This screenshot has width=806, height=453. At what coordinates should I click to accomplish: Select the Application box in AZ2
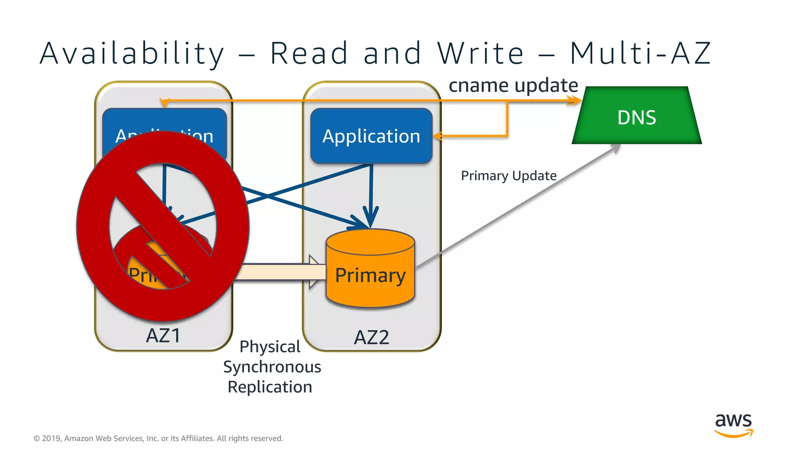371,136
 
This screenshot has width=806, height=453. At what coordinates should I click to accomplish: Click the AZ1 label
163,335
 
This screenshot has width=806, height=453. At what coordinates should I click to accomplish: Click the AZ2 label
372,337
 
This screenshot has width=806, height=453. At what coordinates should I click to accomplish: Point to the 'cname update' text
513,85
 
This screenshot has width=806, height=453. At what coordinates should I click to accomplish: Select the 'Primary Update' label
508,175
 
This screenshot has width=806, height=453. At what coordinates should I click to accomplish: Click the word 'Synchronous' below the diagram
272,366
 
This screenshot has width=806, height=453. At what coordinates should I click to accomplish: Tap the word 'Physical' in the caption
270,346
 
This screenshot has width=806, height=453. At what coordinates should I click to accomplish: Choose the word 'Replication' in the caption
270,387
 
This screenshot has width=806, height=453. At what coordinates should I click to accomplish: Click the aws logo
733,425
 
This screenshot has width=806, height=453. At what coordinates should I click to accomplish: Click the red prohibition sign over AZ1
163,226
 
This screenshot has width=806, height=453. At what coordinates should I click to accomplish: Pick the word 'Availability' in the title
132,53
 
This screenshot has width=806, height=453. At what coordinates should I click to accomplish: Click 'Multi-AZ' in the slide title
640,53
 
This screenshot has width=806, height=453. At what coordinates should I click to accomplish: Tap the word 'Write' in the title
481,53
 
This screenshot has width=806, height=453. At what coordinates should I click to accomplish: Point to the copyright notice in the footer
158,438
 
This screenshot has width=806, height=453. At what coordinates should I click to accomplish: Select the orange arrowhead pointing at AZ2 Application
438,136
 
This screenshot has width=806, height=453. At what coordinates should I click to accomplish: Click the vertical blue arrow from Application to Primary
371,193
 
